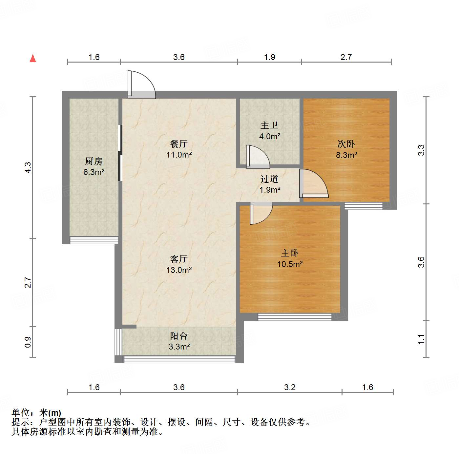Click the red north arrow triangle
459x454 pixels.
pos(33,58)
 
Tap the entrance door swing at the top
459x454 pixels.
pos(141,85)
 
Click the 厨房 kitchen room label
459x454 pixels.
pos(94,161)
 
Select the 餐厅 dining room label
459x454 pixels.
pos(179,144)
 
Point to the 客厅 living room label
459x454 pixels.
pos(179,259)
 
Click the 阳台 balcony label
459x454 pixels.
pos(179,336)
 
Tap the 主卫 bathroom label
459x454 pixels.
pos(269,125)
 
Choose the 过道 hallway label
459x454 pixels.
pos(269,179)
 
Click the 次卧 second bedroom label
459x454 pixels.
pos(346,144)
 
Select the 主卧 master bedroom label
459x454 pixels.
pos(290,253)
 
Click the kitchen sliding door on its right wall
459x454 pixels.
pos(120,153)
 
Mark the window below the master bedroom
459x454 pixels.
pos(294,317)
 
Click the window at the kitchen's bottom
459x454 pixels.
pos(94,240)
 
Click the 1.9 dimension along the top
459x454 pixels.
pos(269,57)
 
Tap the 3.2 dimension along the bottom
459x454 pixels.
pos(290,388)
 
